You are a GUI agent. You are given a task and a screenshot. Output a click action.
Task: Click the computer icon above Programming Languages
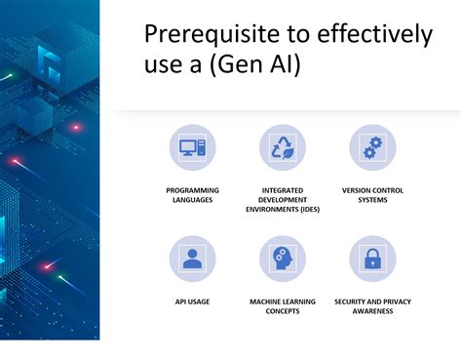(192, 148)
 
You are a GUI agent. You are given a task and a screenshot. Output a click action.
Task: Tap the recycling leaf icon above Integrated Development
(283, 148)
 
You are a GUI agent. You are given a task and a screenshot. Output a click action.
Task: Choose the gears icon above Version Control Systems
(372, 148)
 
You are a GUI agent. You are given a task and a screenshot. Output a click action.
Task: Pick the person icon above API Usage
(192, 260)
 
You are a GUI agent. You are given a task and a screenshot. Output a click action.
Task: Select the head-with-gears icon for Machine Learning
(283, 260)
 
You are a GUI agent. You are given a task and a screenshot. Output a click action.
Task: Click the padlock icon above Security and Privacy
(372, 260)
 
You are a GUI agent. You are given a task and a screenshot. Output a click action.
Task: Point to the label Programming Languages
(192, 194)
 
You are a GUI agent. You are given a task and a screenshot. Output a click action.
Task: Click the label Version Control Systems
(372, 194)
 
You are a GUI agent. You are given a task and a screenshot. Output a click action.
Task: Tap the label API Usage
(192, 301)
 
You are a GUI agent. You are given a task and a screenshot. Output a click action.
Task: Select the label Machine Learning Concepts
(283, 306)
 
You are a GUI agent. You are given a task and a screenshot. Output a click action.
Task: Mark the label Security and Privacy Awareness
(372, 306)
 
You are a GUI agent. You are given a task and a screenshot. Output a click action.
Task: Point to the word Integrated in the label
(283, 189)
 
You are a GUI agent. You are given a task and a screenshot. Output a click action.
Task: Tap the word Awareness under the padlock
(372, 311)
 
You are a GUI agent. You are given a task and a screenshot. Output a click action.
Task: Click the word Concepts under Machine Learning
(283, 311)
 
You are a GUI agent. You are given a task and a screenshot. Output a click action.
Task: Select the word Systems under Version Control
(372, 199)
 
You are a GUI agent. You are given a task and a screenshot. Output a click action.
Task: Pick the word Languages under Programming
(192, 199)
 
